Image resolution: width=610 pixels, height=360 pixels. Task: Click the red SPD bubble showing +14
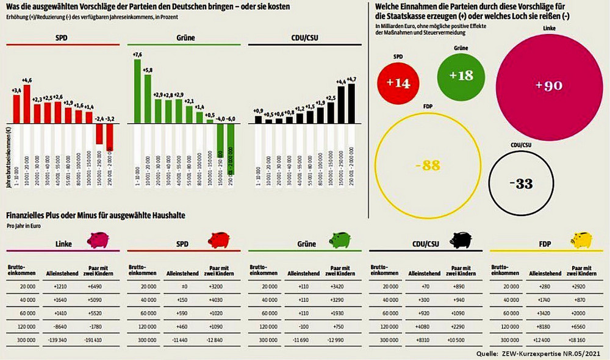(399, 83)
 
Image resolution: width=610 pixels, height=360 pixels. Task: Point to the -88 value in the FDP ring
(432, 165)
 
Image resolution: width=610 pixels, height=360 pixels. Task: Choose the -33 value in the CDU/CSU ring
(524, 184)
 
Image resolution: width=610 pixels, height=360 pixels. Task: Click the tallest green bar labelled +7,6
(138, 92)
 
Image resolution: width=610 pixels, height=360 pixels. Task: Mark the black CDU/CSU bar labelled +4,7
(351, 104)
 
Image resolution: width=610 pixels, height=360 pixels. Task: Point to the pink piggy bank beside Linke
(98, 240)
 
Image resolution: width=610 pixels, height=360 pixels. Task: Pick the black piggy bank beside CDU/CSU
(459, 240)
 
